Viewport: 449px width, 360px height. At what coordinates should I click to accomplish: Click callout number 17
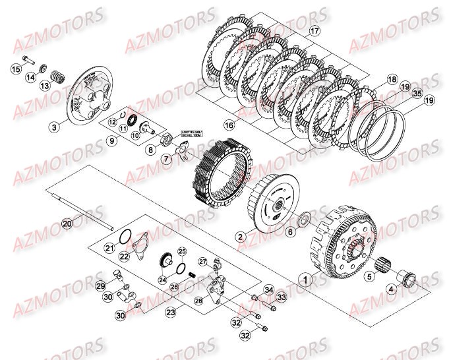[314, 31]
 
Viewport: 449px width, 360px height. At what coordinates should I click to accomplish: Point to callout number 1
[305, 279]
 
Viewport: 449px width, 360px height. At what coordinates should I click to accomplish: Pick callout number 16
[210, 124]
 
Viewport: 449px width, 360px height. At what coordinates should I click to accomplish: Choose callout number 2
[241, 236]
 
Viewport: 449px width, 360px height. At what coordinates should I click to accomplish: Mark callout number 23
[171, 311]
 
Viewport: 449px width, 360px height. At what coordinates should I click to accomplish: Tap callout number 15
[15, 69]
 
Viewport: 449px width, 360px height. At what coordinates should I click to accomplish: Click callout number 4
[410, 288]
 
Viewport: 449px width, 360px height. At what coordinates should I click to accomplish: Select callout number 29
[100, 285]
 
